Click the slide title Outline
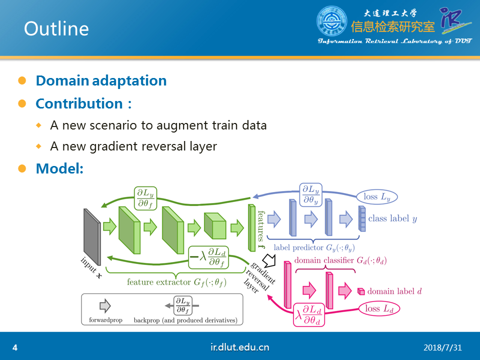(x=56, y=28)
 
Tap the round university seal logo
(x=332, y=21)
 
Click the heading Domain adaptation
(x=101, y=81)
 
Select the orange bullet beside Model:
(x=22, y=168)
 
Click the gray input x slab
(x=92, y=236)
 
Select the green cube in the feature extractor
(x=215, y=225)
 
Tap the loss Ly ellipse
(x=377, y=196)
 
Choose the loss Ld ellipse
(x=379, y=308)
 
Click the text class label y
(x=392, y=218)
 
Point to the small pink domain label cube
(x=361, y=291)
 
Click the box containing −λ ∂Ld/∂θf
(x=208, y=257)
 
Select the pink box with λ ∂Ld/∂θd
(x=309, y=314)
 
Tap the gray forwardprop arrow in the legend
(x=105, y=306)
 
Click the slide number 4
(x=15, y=347)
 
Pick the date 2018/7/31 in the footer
(x=442, y=347)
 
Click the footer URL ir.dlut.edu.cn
(x=239, y=347)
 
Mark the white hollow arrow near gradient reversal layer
(x=269, y=260)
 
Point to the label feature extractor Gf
(x=176, y=282)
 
